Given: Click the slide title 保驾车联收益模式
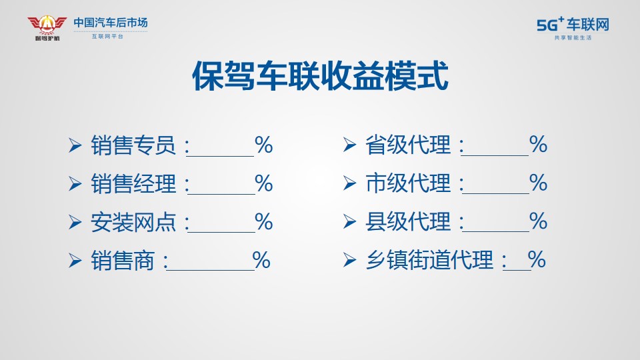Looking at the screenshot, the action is pyautogui.click(x=320, y=76).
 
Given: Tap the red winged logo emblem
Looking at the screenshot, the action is pyautogui.click(x=47, y=25).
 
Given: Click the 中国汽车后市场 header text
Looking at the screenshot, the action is pyautogui.click(x=110, y=23).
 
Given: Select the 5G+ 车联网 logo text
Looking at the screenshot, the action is pyautogui.click(x=573, y=25).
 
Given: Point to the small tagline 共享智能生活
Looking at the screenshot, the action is pyautogui.click(x=573, y=37).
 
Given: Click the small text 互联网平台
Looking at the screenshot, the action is pyautogui.click(x=107, y=36).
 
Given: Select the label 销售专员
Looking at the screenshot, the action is pyautogui.click(x=133, y=145).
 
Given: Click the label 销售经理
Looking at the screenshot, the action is pyautogui.click(x=133, y=184).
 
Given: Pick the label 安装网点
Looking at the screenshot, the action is pyautogui.click(x=133, y=222).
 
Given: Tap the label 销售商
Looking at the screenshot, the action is pyautogui.click(x=123, y=261).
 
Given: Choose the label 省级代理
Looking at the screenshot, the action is pyautogui.click(x=408, y=145).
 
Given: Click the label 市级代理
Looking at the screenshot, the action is pyautogui.click(x=408, y=183).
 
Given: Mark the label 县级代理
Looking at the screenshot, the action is pyautogui.click(x=408, y=221).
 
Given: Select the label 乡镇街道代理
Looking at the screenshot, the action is pyautogui.click(x=430, y=260).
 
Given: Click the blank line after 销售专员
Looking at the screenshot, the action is pyautogui.click(x=221, y=156).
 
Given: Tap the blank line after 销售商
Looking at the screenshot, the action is pyautogui.click(x=210, y=270).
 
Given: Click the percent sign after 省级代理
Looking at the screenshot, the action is pyautogui.click(x=538, y=145).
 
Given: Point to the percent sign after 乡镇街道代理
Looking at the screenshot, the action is pyautogui.click(x=536, y=259).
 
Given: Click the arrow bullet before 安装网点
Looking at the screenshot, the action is pyautogui.click(x=75, y=223).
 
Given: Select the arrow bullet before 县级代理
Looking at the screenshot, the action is pyautogui.click(x=349, y=221).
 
